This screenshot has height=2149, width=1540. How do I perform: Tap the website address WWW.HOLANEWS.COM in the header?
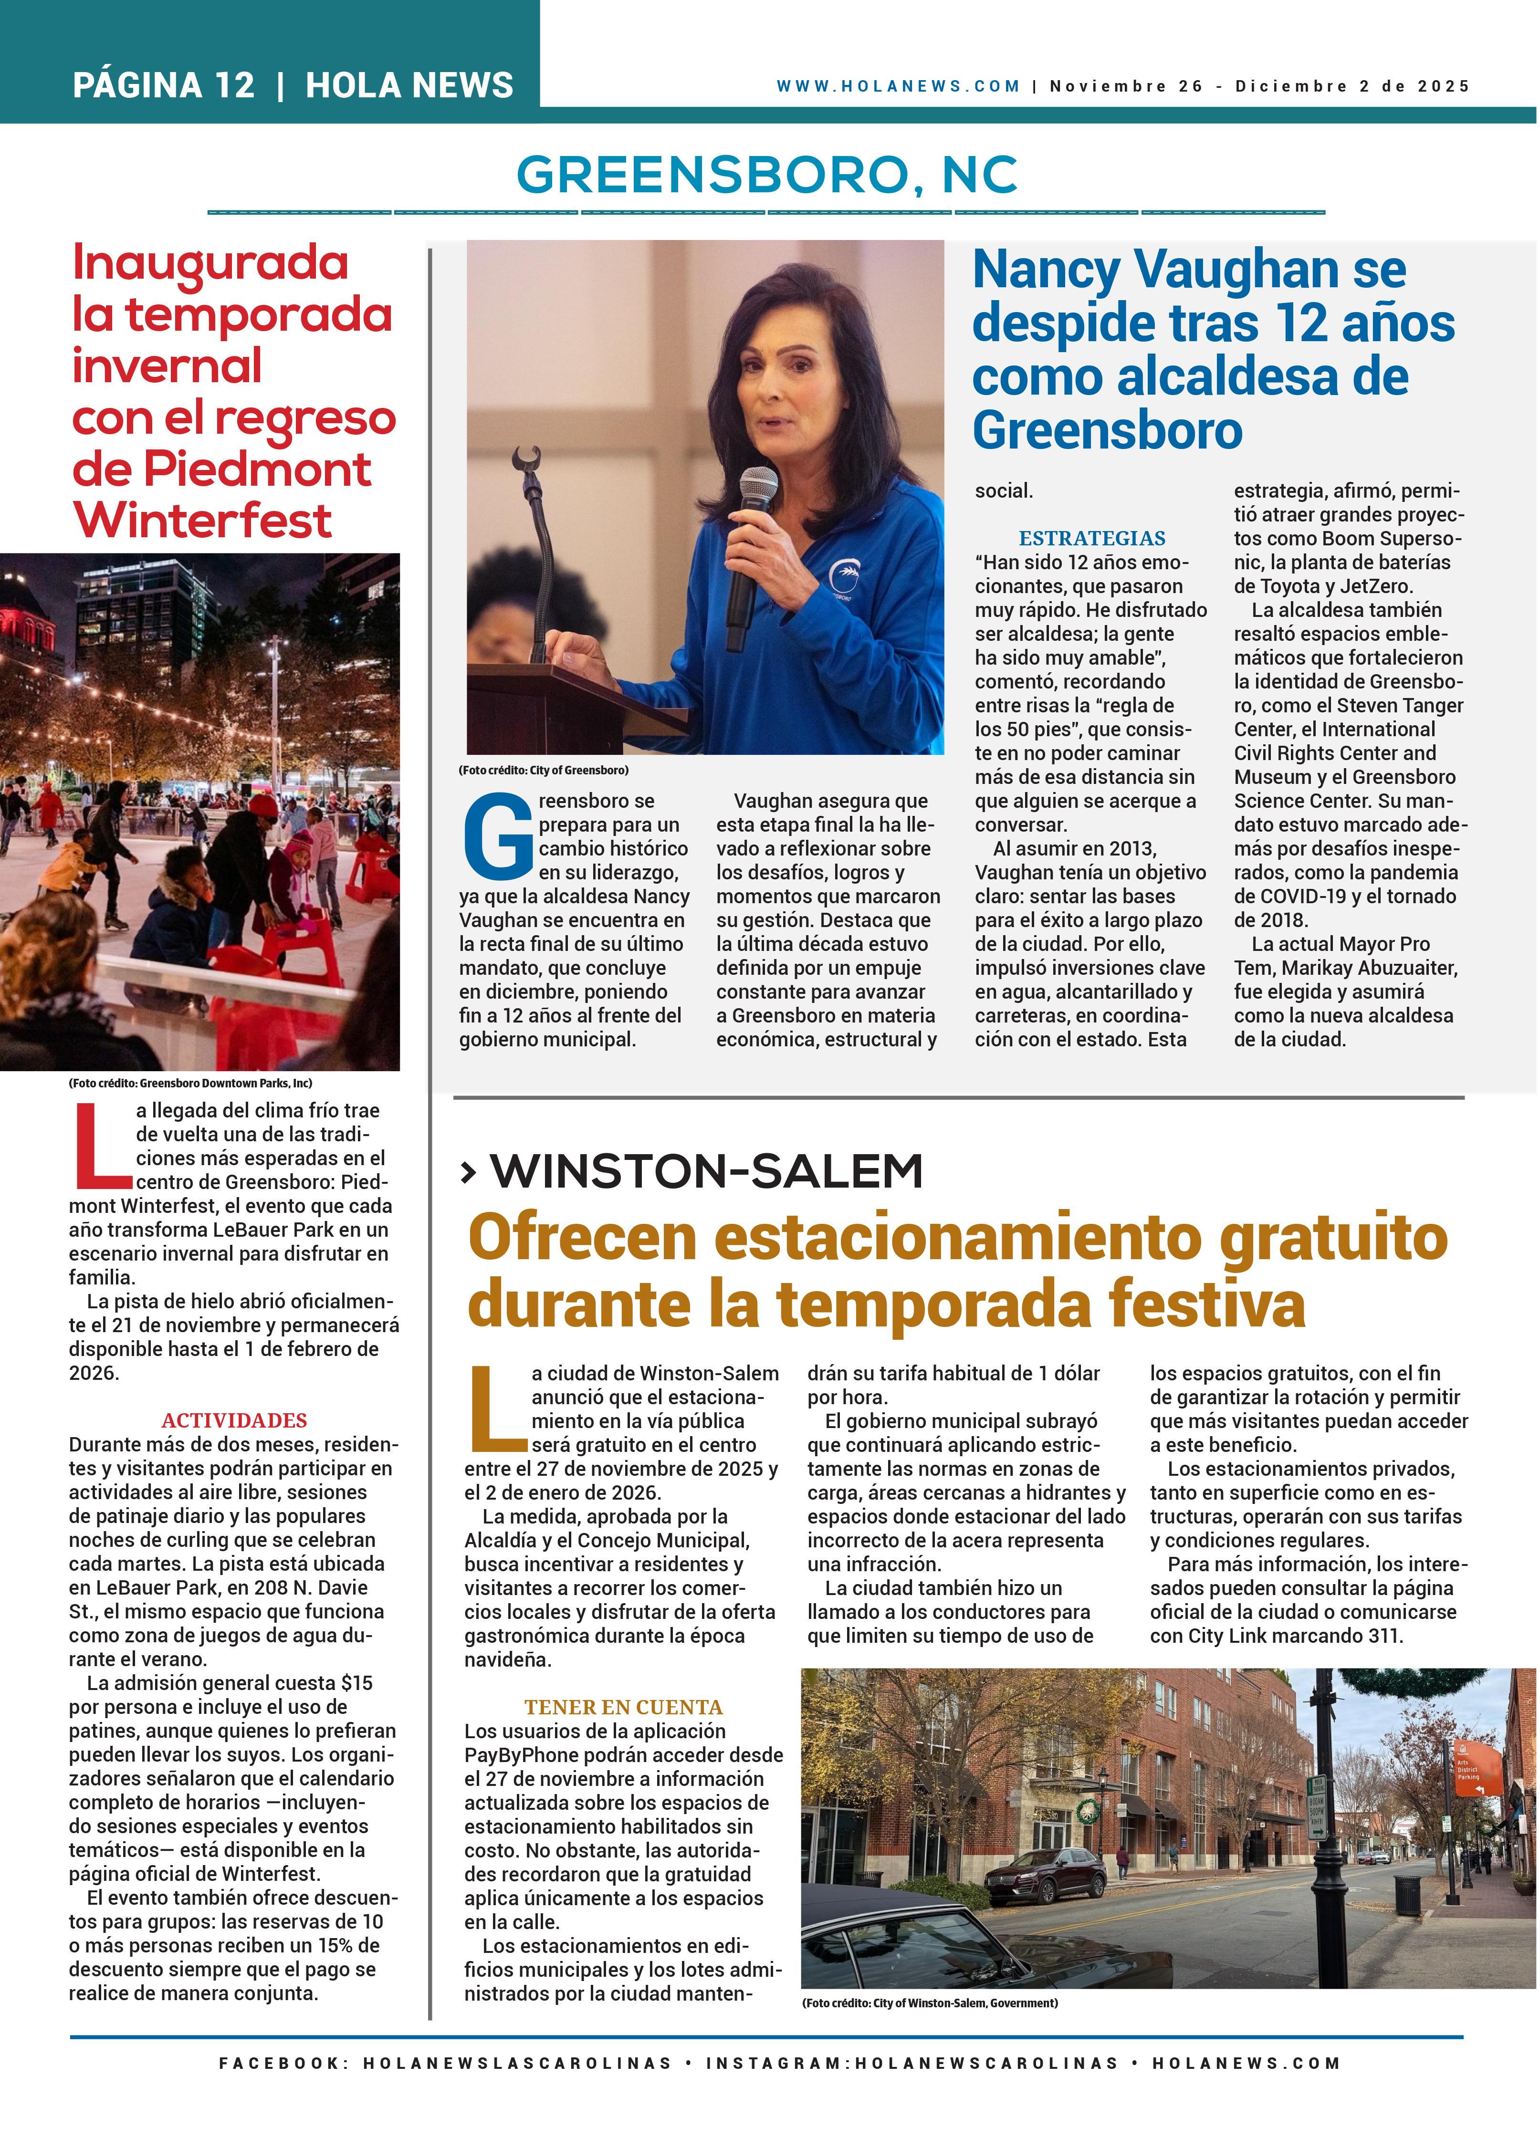click(898, 86)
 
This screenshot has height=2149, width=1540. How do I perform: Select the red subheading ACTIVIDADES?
click(234, 1420)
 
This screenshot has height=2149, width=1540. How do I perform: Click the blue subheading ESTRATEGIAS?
click(1092, 538)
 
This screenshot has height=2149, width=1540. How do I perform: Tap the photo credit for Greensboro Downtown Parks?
click(189, 1083)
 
